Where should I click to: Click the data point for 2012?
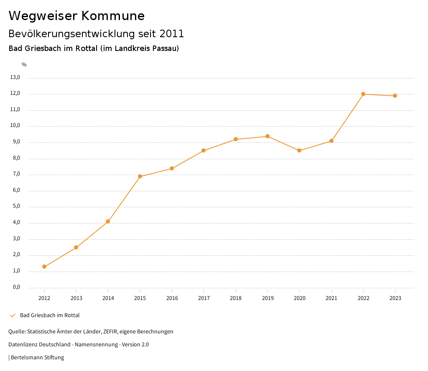pos(44,267)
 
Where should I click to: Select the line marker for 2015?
pos(140,176)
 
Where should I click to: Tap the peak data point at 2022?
pos(363,94)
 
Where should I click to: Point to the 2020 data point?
pos(299,150)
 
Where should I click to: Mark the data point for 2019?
pos(267,136)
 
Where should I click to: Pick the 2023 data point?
pos(395,96)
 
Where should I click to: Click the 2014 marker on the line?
pos(108,221)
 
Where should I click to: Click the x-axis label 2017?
pos(204,298)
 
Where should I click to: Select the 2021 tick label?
pos(331,298)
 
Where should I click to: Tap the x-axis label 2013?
pos(76,298)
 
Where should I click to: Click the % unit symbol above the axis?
pos(24,65)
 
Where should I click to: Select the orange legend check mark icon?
pos(13,315)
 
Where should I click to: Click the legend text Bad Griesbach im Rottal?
pos(50,315)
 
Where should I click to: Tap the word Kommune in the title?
pos(113,16)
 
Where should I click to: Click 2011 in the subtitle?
pos(172,33)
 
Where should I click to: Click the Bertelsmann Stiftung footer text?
pos(37,358)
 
